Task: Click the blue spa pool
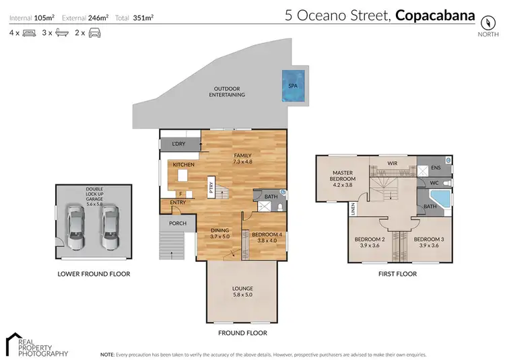pos(292,86)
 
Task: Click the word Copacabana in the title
pos(435,15)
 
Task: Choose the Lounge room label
pos(242,292)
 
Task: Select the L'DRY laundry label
pos(178,144)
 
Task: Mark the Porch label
pos(177,223)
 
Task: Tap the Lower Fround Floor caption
pos(94,274)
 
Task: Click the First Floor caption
pos(397,274)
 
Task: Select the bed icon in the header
pos(29,32)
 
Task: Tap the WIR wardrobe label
pos(391,163)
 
